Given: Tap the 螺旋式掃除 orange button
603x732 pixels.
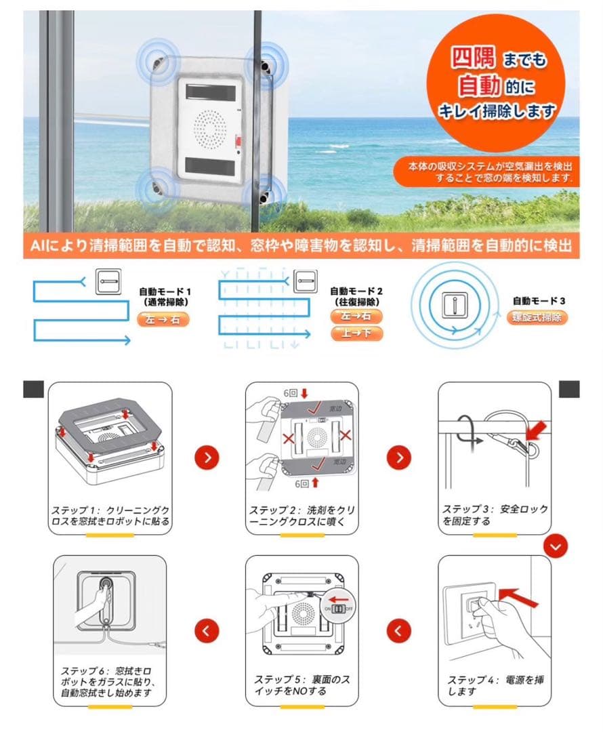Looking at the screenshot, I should [537, 317].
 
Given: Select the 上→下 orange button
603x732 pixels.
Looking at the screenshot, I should [356, 333].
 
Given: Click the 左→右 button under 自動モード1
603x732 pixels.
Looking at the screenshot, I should [163, 320].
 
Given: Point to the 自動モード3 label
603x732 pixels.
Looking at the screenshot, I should [538, 300].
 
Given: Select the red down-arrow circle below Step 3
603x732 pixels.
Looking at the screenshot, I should [556, 546].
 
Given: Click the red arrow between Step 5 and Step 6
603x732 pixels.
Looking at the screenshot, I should [207, 631].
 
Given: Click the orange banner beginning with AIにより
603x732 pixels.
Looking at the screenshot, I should [301, 245].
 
